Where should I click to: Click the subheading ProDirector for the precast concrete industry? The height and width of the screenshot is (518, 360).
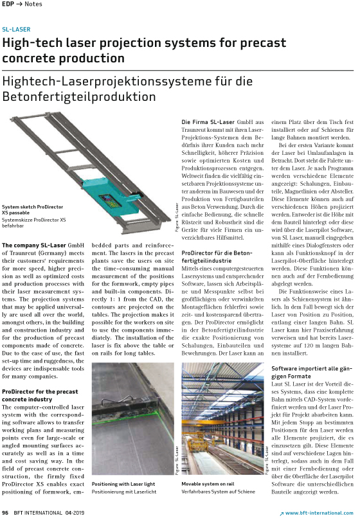coord(40,394)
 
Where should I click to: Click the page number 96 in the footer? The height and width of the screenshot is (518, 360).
coord(4,512)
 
